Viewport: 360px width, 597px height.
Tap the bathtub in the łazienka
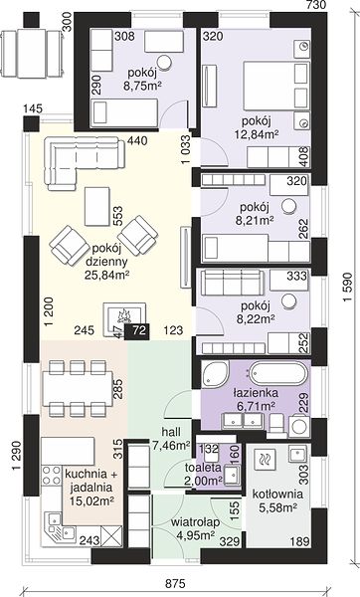277,374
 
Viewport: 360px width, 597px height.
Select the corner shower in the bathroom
215,373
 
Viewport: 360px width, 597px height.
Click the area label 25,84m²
106,275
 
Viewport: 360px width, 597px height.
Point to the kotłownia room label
277,495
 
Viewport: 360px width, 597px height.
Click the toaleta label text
203,467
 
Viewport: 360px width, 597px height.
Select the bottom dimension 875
175,583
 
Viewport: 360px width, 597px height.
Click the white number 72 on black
139,330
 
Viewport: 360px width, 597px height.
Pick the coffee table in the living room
97,206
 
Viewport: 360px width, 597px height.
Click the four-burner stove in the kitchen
52,476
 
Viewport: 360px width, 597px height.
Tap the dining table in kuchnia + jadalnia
78,388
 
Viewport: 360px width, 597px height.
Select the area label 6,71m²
257,406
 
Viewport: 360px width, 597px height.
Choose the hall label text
171,432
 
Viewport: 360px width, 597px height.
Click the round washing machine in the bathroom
299,427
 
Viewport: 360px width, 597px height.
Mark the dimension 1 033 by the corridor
186,149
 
